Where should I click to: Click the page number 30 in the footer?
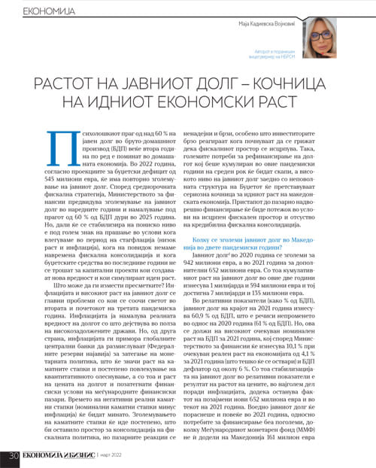coord(14,456)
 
